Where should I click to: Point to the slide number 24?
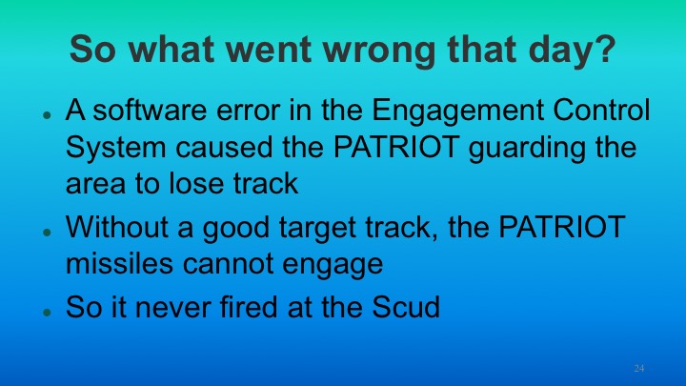pyautogui.click(x=639, y=367)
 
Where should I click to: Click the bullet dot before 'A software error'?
pyautogui.click(x=46, y=114)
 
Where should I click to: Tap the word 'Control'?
pyautogui.click(x=597, y=111)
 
